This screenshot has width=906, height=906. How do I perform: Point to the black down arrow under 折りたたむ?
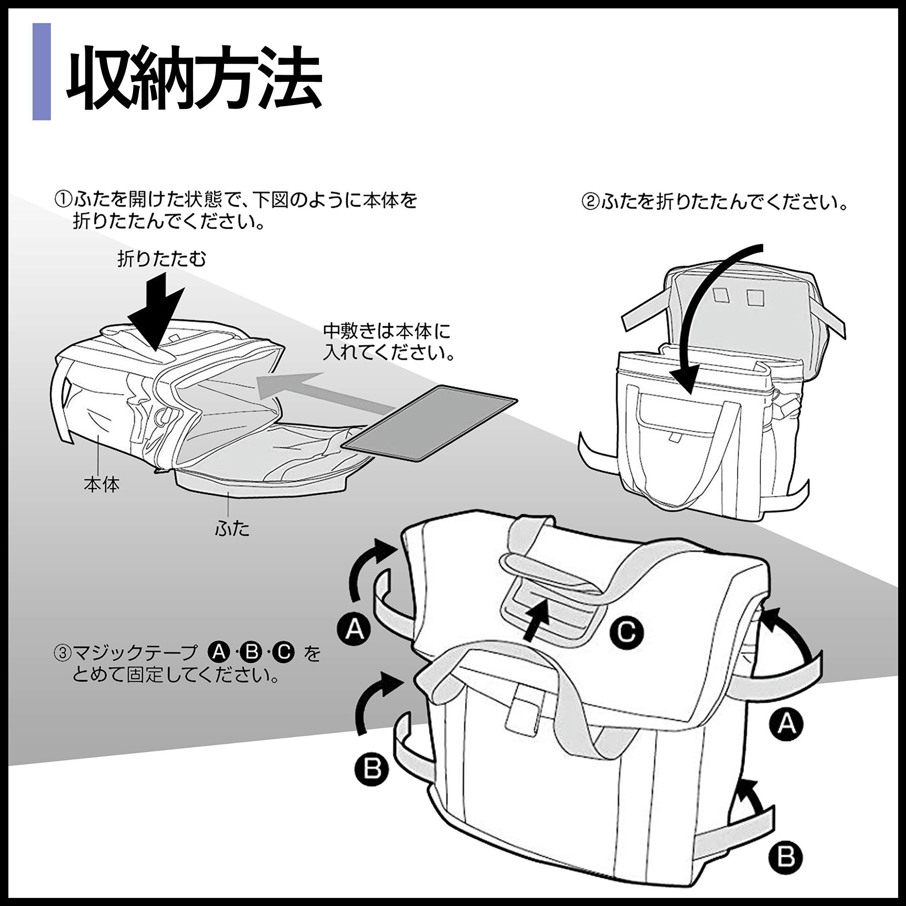157,312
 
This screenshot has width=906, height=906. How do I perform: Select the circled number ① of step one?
63,201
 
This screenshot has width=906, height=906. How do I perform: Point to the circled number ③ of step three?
62,653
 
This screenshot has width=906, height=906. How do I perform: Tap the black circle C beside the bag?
626,632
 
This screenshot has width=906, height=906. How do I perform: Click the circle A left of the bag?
355,628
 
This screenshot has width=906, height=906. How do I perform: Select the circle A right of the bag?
786,724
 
